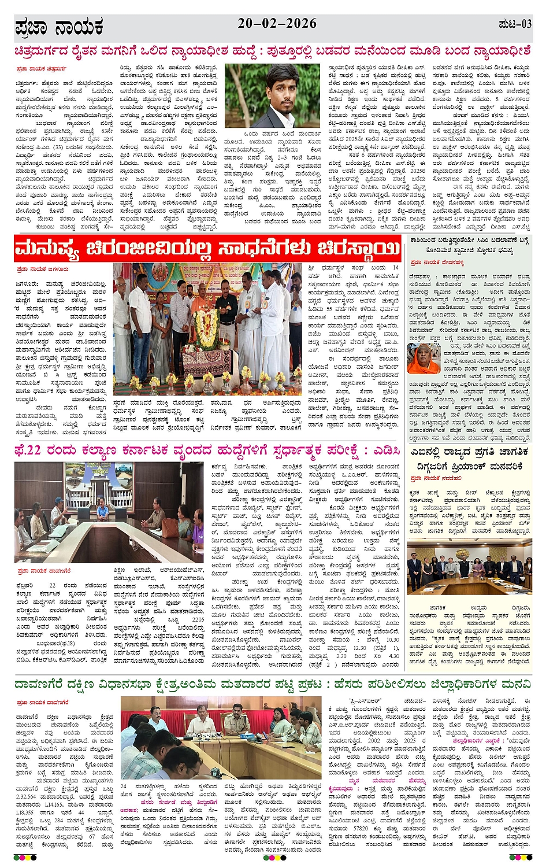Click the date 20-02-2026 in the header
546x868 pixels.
click(277, 23)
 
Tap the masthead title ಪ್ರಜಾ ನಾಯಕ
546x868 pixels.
click(59, 27)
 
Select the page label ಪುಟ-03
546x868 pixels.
click(514, 24)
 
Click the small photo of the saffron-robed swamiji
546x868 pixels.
click(424, 357)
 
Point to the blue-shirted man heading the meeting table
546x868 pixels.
click(103, 510)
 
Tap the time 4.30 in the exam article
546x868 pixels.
click(393, 656)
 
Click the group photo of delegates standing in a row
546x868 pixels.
click(469, 570)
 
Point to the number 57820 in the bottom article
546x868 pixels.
click(361, 828)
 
